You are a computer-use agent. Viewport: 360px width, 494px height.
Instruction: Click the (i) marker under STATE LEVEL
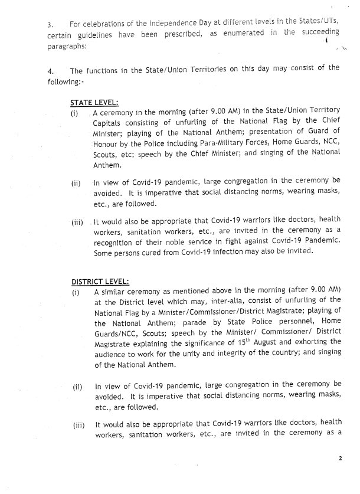pyautogui.click(x=74, y=113)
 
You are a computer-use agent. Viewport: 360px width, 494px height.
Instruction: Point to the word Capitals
pyautogui.click(x=109, y=123)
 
